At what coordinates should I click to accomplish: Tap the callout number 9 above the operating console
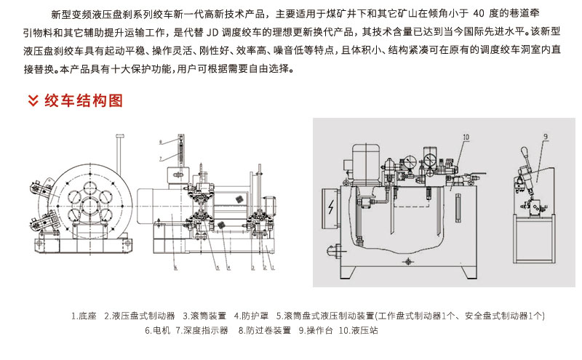point(544,135)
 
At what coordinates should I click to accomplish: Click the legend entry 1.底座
point(85,316)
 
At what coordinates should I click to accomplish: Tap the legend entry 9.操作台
point(314,330)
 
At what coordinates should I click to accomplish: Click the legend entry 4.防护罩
point(251,316)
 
